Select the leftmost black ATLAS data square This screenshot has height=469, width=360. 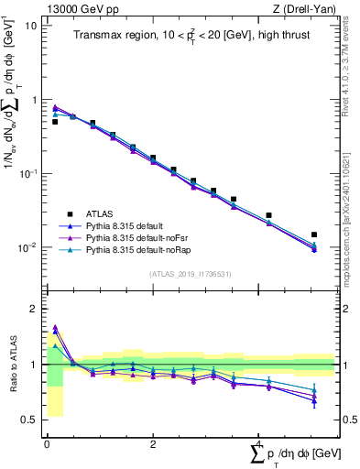(55, 122)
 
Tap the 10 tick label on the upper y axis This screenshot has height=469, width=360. (30, 26)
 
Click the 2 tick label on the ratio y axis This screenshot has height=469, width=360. (34, 309)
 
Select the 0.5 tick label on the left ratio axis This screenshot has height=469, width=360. (29, 420)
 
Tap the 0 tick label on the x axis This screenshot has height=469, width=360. (47, 442)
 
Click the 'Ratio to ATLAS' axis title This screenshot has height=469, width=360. (12, 365)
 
